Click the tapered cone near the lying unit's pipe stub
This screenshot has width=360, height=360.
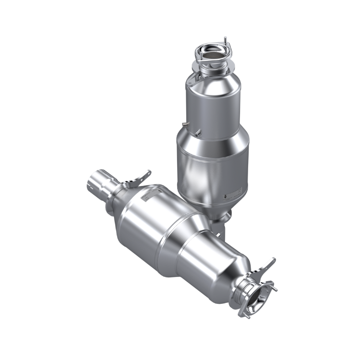(x=122, y=197)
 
